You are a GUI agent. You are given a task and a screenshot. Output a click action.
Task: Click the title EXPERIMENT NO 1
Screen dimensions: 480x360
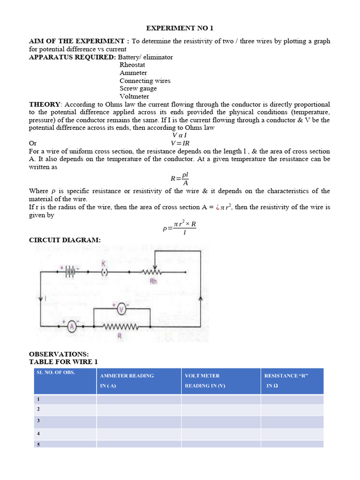[x=180, y=28]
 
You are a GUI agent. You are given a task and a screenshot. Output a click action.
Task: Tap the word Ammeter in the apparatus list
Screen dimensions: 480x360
[x=133, y=73]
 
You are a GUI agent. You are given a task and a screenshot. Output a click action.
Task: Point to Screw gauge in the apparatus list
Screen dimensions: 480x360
[x=138, y=89]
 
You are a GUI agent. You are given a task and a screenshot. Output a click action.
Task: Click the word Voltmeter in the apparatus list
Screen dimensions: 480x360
[x=134, y=97]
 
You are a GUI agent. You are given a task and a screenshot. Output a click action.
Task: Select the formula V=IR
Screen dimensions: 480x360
[x=180, y=143]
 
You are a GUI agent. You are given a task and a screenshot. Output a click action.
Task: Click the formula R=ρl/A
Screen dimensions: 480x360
[x=180, y=179]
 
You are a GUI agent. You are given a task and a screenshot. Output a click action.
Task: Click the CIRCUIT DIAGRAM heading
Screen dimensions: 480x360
[x=65, y=240]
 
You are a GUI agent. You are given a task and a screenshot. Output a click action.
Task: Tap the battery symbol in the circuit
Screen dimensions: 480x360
[x=70, y=271]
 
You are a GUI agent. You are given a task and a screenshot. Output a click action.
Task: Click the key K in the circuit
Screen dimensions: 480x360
[x=104, y=271]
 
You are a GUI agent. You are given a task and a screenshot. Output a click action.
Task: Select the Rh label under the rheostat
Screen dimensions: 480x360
[x=153, y=281]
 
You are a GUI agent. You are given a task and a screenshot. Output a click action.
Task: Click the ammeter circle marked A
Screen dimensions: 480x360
[x=72, y=327]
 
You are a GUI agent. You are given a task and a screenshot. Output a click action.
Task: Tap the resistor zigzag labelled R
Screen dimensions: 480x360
[x=120, y=326]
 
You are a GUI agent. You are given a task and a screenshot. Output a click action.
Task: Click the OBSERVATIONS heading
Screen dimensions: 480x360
[x=59, y=354]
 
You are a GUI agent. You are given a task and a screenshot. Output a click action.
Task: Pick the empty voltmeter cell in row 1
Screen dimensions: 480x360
[x=221, y=399]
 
